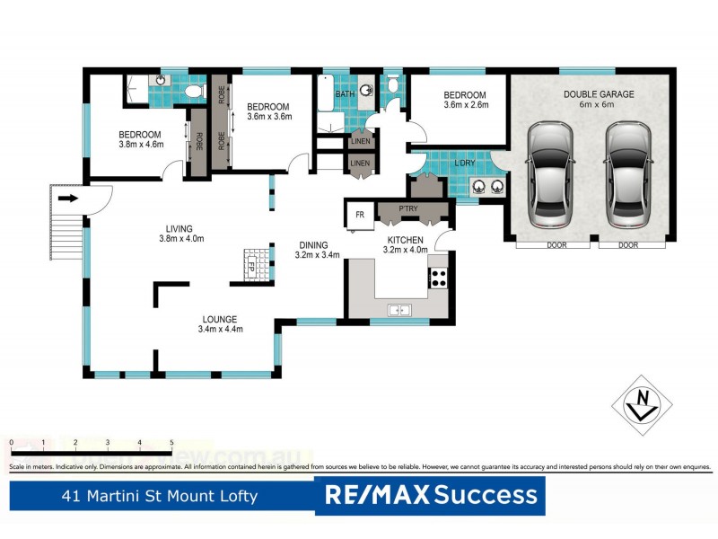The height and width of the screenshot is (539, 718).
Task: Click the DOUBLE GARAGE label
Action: pyautogui.click(x=600, y=93)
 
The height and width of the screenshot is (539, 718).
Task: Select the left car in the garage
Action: pyautogui.click(x=549, y=174)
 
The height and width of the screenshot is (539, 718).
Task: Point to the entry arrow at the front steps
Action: pyautogui.click(x=67, y=199)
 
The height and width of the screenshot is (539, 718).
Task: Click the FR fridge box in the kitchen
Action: pyautogui.click(x=359, y=216)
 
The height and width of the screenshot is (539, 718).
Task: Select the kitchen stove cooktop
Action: pyautogui.click(x=439, y=278)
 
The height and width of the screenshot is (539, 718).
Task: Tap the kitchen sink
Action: pyautogui.click(x=399, y=310)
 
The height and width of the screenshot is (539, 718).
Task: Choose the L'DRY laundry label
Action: pyautogui.click(x=464, y=163)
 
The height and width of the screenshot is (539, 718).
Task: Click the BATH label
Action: pyautogui.click(x=345, y=93)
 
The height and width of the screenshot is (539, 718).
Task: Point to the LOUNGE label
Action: pyautogui.click(x=220, y=319)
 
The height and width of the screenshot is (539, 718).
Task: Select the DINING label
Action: pyautogui.click(x=314, y=244)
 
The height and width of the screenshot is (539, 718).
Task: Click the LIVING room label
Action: pyautogui.click(x=179, y=228)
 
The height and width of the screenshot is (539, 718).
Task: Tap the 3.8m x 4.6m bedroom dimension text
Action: pyautogui.click(x=141, y=146)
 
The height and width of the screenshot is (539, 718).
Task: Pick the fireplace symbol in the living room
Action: pyautogui.click(x=252, y=265)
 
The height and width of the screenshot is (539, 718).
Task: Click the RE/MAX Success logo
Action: pyautogui.click(x=430, y=495)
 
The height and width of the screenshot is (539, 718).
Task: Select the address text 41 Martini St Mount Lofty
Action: pyautogui.click(x=159, y=496)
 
